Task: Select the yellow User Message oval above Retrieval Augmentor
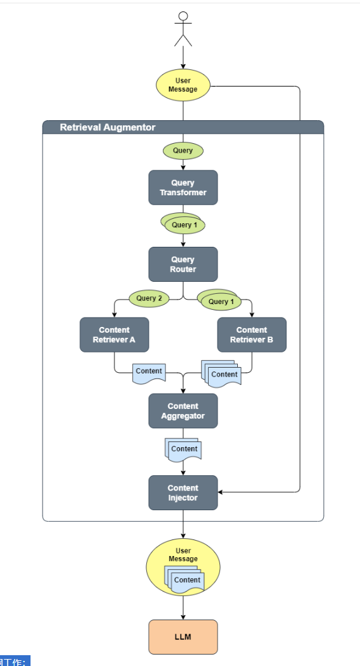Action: click(x=183, y=85)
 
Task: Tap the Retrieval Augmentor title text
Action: click(x=108, y=127)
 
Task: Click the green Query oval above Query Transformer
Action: click(x=183, y=150)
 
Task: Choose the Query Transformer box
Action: click(x=183, y=187)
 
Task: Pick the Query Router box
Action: click(x=183, y=264)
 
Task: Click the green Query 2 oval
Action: click(x=149, y=298)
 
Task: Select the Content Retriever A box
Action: click(x=114, y=335)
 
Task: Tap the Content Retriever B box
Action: click(x=252, y=335)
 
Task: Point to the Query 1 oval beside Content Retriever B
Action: click(x=219, y=300)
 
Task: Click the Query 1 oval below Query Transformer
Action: click(x=183, y=223)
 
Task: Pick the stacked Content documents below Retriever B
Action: click(x=221, y=373)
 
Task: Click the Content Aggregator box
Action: click(x=183, y=411)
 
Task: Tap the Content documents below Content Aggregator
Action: click(x=183, y=449)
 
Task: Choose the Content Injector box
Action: click(x=183, y=493)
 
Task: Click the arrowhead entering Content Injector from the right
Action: click(x=220, y=492)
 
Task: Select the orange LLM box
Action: click(x=183, y=637)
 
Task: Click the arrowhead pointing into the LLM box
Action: click(x=183, y=617)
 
